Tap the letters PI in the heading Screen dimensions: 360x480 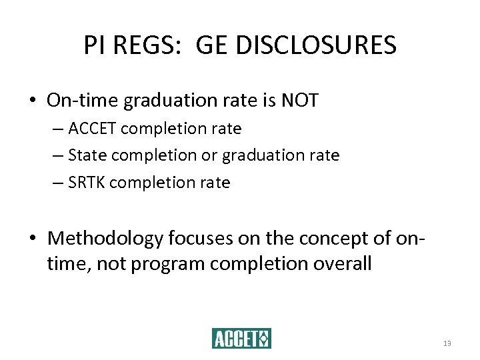(94, 45)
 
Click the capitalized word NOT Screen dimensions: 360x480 (301, 101)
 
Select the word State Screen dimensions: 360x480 (88, 155)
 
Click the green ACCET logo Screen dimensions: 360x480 (241, 339)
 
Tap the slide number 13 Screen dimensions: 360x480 (447, 343)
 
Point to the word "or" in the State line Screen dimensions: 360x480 (208, 155)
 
